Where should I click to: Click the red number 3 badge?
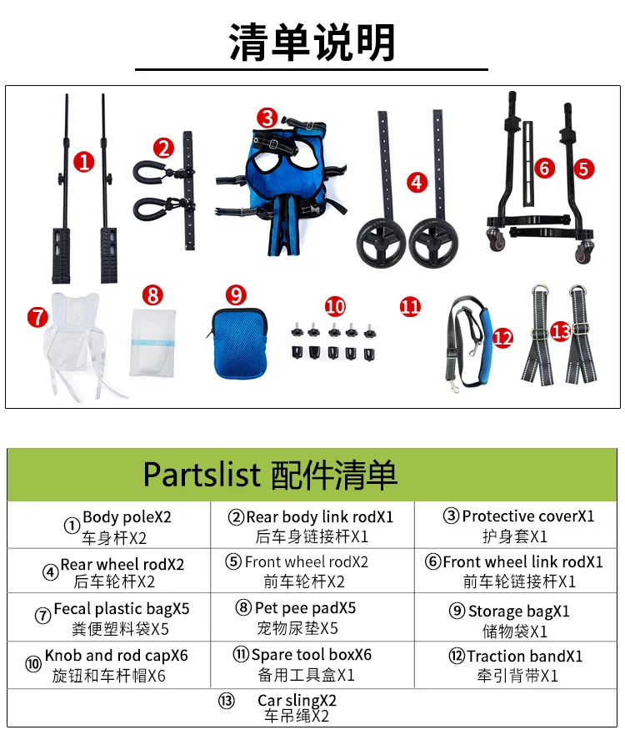pyautogui.click(x=267, y=118)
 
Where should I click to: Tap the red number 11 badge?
pyautogui.click(x=410, y=307)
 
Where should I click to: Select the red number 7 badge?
pyautogui.click(x=37, y=317)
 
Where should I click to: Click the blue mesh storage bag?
pyautogui.click(x=238, y=342)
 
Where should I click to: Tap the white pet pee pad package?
pyautogui.click(x=152, y=343)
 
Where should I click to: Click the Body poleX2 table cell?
pyautogui.click(x=109, y=525)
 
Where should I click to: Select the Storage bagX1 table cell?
pyautogui.click(x=516, y=617)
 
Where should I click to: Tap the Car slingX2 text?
pyautogui.click(x=297, y=700)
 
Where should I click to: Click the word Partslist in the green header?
pyautogui.click(x=202, y=475)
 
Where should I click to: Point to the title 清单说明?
pyautogui.click(x=312, y=43)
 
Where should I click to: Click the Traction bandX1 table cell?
pyautogui.click(x=516, y=665)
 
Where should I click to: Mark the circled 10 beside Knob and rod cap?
pyautogui.click(x=33, y=664)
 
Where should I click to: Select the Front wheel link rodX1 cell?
pyautogui.click(x=516, y=571)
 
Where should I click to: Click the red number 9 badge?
pyautogui.click(x=236, y=295)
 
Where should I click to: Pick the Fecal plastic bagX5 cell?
pyautogui.click(x=109, y=617)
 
